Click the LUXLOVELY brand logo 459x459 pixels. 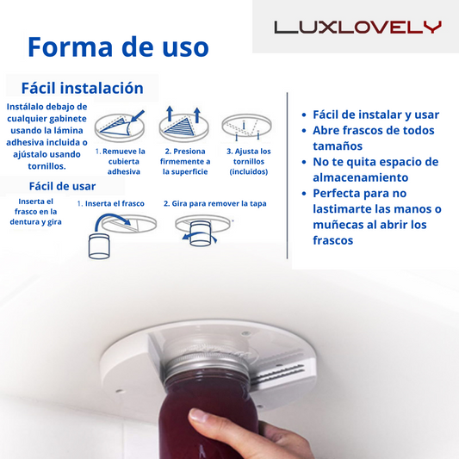[x=357, y=28]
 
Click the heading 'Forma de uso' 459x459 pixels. [x=118, y=47]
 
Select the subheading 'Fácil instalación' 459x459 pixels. [x=83, y=88]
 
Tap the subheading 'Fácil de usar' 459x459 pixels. [x=62, y=186]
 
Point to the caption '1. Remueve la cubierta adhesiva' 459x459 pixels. [x=121, y=161]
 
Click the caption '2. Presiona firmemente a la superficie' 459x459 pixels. [x=185, y=161]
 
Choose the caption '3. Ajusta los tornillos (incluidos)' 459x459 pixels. [x=249, y=161]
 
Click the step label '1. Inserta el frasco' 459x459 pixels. [x=110, y=203]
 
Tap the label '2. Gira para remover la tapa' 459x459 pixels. [x=215, y=203]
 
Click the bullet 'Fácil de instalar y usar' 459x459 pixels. [x=375, y=115]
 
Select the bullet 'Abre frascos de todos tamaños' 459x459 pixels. [x=374, y=138]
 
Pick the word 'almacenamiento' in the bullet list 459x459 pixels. [x=360, y=177]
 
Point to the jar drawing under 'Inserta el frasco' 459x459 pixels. [x=99, y=246]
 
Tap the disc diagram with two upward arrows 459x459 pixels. [x=183, y=124]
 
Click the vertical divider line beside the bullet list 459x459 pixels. [x=287, y=176]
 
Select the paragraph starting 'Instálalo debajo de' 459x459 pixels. [x=47, y=136]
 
